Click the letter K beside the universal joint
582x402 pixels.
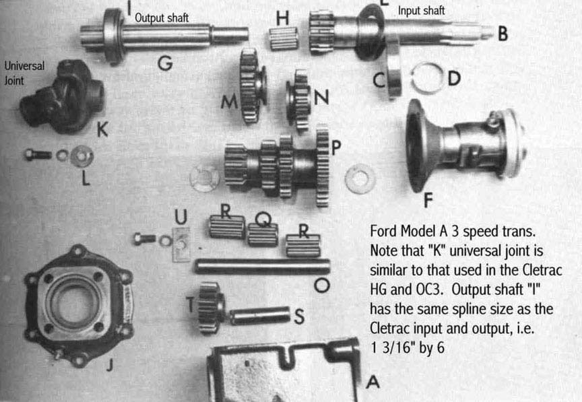(102, 131)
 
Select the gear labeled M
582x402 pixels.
(251, 86)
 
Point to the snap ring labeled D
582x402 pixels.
(426, 78)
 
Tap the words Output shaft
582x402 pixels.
(162, 18)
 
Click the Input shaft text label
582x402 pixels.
(422, 11)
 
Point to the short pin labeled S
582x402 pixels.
(260, 315)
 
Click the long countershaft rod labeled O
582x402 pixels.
(262, 266)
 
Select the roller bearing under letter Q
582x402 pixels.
(263, 235)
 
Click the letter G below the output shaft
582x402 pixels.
(165, 64)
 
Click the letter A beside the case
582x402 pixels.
(372, 382)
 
